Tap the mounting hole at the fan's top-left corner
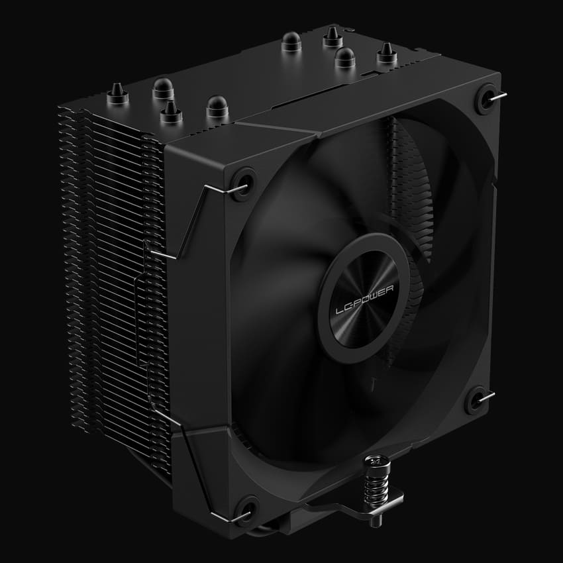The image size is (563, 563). point(242,179)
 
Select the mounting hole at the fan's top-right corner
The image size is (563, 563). point(487,97)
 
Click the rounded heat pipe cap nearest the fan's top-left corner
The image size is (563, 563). point(217,106)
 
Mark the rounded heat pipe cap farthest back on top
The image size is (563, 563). point(290,42)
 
